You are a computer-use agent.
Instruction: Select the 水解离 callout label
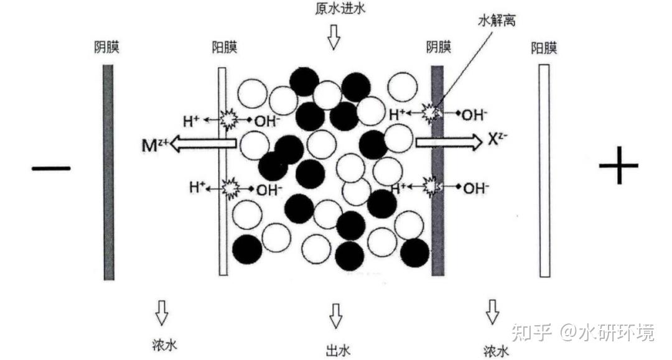[496, 20]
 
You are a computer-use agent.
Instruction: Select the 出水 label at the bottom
[336, 349]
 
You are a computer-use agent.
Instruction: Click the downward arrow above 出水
[336, 316]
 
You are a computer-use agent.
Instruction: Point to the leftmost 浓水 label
[164, 345]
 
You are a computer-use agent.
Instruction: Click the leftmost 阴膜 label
[107, 48]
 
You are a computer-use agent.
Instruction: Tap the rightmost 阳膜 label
[544, 48]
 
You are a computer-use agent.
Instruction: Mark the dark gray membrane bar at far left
[109, 171]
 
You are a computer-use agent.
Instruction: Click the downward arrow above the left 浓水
[162, 313]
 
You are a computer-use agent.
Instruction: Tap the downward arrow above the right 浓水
[492, 312]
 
